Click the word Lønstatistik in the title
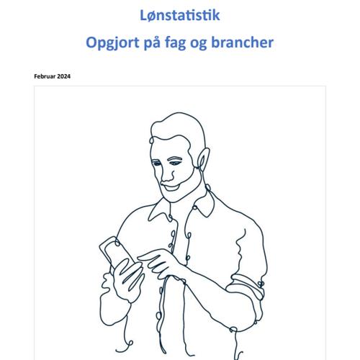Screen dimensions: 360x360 (x=180, y=15)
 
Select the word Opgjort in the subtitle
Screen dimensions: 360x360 (x=112, y=43)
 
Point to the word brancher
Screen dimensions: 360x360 (x=242, y=42)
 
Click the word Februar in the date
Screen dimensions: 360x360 (x=45, y=76)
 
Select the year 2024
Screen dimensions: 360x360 (x=64, y=76)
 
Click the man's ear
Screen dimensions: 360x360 (x=203, y=158)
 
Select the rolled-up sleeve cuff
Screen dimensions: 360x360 (x=246, y=286)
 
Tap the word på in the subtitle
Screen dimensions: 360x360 (x=152, y=43)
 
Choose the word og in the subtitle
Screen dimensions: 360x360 (x=199, y=44)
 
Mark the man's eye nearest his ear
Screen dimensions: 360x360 (x=175, y=163)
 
